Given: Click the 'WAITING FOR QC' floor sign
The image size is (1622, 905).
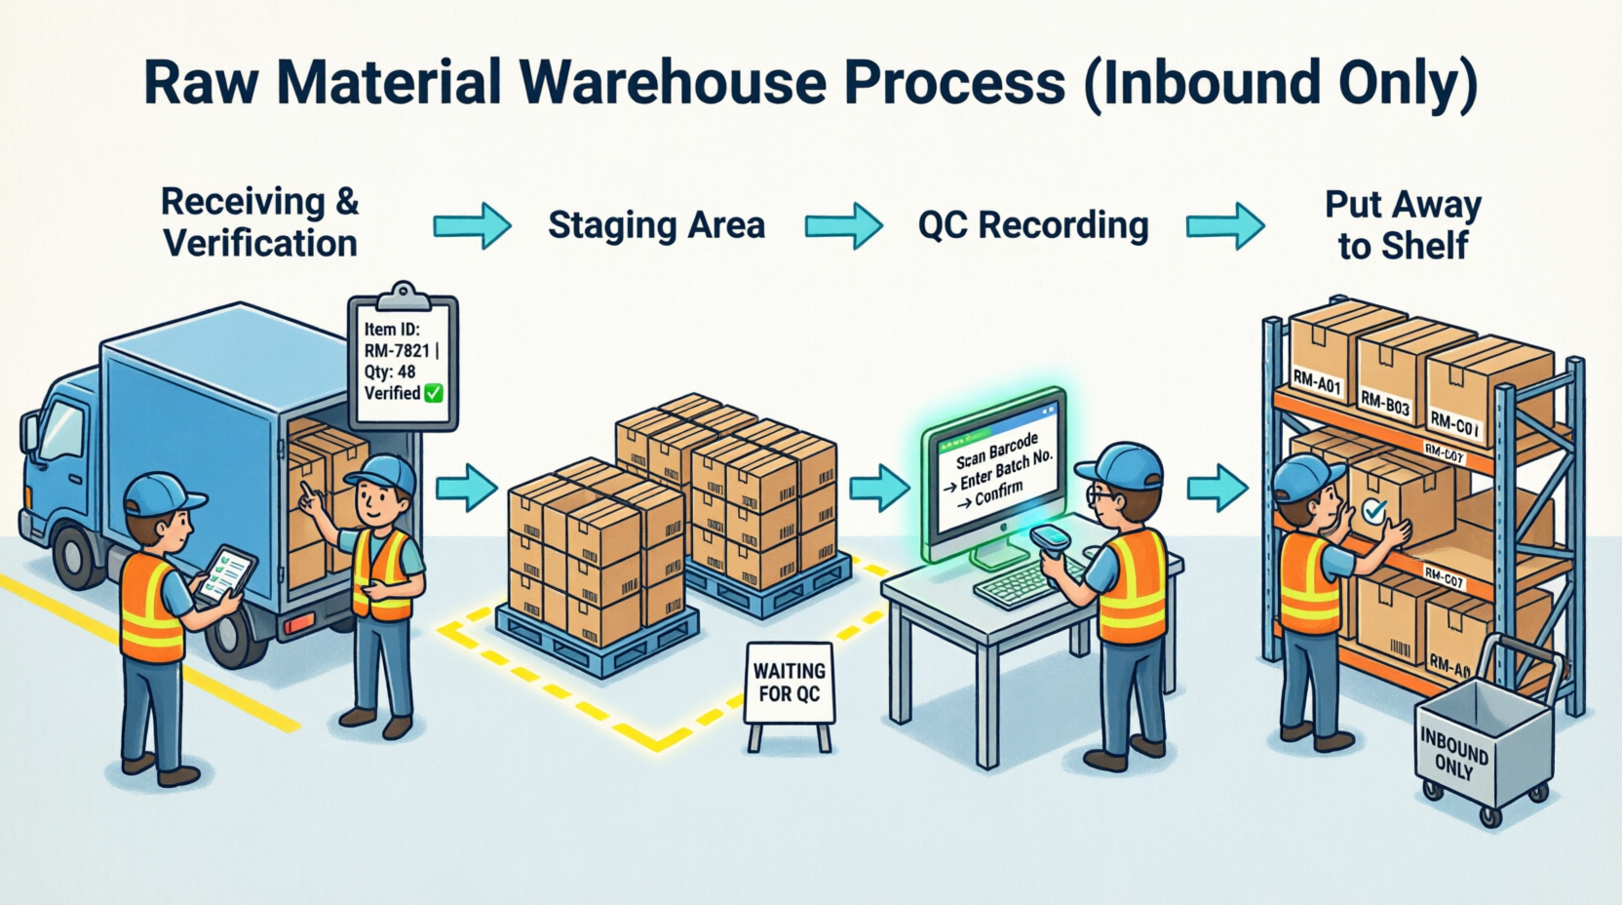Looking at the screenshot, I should (x=789, y=683).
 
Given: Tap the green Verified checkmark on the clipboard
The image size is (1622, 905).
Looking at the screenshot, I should (x=434, y=393).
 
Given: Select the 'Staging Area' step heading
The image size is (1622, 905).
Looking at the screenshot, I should (x=656, y=225).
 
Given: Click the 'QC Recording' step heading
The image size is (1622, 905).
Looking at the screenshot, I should (x=1033, y=225).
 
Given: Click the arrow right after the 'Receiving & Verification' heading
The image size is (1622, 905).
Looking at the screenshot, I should (x=472, y=226).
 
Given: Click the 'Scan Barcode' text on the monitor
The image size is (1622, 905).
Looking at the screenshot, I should (x=996, y=451).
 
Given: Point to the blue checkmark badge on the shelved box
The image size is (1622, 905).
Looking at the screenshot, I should (x=1373, y=510).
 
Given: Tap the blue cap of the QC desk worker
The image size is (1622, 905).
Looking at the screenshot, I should (x=1121, y=463).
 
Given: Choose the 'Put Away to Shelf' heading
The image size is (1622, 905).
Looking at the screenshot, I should (x=1403, y=225).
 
